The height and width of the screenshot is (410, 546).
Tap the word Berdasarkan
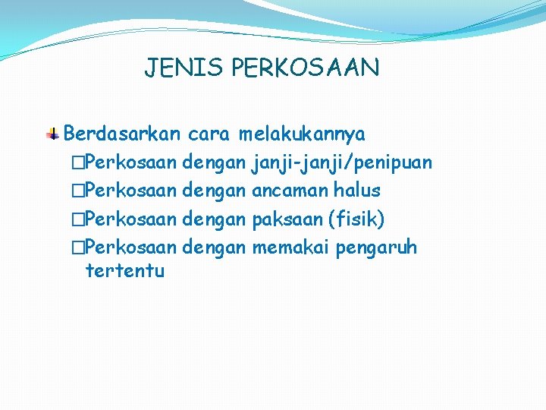point(122,134)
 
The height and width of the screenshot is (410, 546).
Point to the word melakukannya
point(302,134)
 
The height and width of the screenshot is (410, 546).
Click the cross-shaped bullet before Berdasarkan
point(53,134)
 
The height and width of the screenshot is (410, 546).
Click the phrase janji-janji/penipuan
point(342,162)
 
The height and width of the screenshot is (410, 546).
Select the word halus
point(356,191)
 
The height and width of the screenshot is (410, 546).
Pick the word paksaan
point(285,219)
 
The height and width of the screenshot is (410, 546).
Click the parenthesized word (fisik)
point(356,219)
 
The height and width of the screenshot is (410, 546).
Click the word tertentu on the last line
point(125,270)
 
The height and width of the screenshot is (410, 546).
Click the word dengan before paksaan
point(215,220)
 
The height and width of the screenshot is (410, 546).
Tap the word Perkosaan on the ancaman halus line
point(131,191)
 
